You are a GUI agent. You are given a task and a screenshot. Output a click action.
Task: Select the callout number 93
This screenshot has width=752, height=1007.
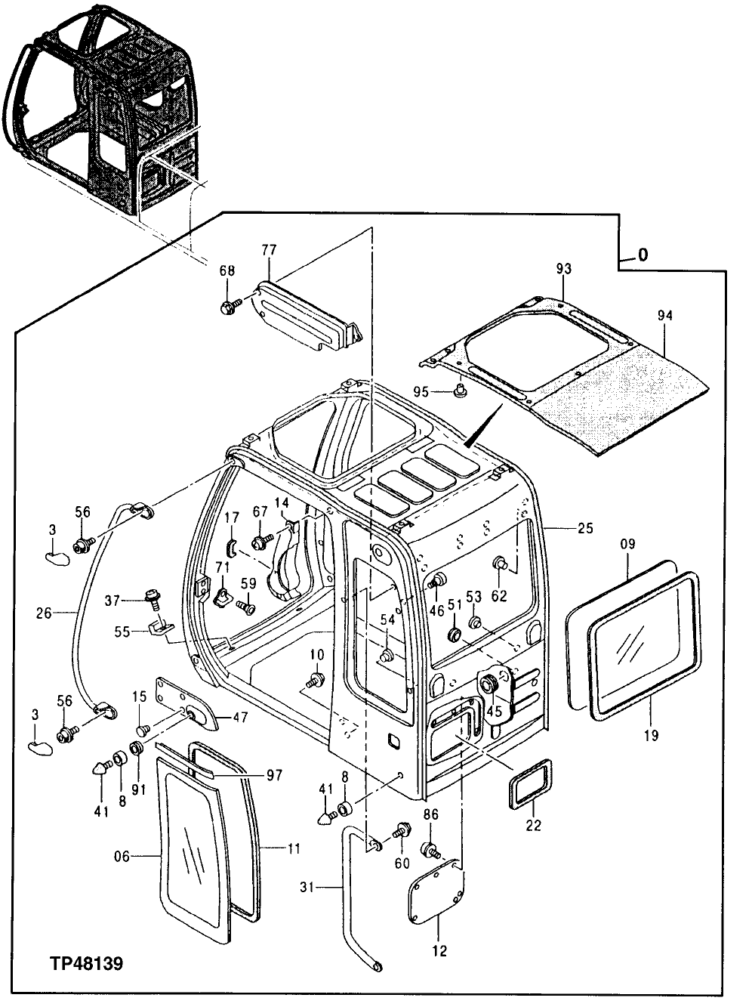(564, 268)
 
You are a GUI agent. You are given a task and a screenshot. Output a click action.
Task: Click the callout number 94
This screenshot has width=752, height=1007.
(666, 315)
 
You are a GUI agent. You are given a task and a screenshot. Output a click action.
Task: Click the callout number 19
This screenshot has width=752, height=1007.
(652, 734)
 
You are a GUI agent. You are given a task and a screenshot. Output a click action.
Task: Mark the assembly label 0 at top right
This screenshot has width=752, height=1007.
(643, 255)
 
